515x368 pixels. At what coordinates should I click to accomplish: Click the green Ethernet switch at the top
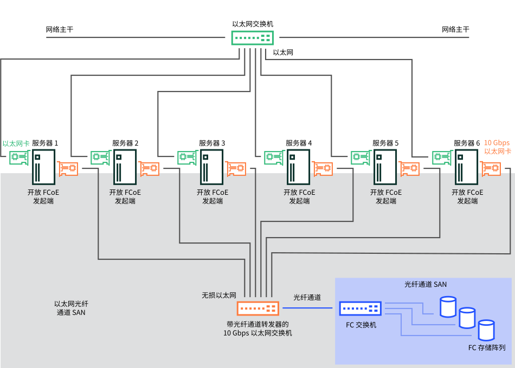tap(252, 38)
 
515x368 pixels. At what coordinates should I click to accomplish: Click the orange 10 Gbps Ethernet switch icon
tap(258, 308)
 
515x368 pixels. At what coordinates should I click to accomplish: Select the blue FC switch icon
tap(360, 308)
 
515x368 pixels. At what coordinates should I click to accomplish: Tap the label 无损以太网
tap(219, 295)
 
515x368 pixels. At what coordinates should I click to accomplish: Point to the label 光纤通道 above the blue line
tap(307, 297)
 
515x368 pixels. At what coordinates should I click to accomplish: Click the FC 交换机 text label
tap(361, 325)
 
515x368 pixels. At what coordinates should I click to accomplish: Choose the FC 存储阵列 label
tap(487, 348)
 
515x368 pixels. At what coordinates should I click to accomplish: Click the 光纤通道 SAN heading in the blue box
tap(426, 284)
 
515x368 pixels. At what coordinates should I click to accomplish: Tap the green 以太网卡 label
tap(16, 144)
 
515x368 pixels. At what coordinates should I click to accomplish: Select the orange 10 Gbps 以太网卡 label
tap(497, 147)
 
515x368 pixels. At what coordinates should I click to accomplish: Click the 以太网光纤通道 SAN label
tap(71, 308)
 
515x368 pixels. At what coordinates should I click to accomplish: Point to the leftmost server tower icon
tap(43, 167)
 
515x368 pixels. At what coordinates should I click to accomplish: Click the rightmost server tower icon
tap(466, 167)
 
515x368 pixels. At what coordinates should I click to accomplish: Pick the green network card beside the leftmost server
tap(19, 158)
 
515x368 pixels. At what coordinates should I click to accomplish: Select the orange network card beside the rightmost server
tap(491, 169)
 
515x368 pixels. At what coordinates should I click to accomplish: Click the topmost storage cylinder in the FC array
tap(448, 307)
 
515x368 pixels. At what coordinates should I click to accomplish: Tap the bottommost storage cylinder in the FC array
tap(486, 330)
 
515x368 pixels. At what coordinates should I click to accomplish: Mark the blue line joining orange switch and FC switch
tap(307, 308)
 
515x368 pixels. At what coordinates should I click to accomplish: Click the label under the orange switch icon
tap(257, 328)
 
